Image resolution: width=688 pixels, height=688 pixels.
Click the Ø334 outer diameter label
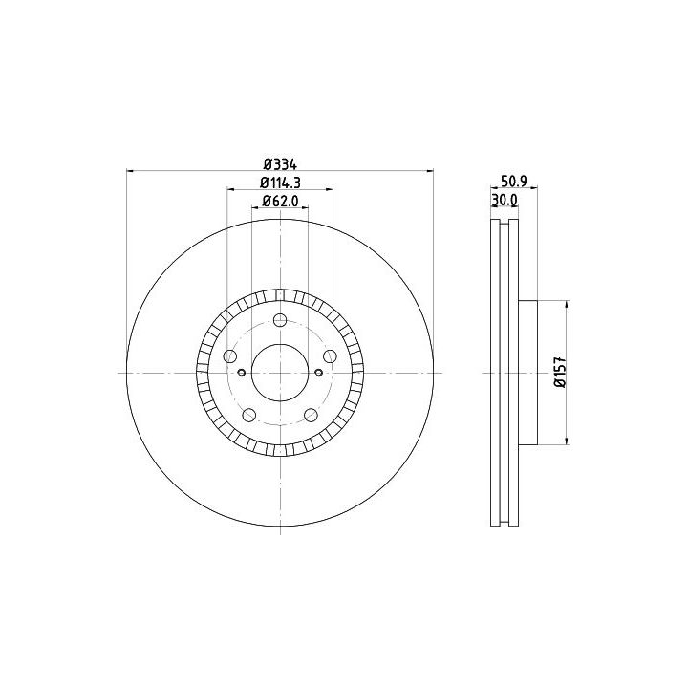click(x=280, y=165)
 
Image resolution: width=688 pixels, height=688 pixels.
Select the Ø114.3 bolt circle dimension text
click(x=280, y=183)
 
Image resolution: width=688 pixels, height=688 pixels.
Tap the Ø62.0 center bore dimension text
click(x=280, y=201)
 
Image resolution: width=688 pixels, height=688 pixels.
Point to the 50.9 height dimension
click(x=514, y=181)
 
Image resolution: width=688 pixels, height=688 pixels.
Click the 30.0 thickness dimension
click(x=505, y=200)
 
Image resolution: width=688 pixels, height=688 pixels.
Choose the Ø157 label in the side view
click(x=560, y=372)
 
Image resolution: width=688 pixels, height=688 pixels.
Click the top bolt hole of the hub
click(x=280, y=320)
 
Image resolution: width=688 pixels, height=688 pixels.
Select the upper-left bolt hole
click(x=230, y=355)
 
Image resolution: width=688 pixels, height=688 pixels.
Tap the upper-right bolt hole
click(x=330, y=355)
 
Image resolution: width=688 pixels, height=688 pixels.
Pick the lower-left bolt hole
click(x=248, y=414)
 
